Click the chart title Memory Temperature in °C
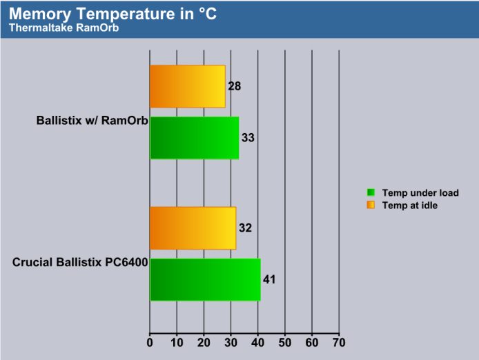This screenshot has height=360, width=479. coord(113,14)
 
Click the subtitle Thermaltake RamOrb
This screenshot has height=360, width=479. coord(64,28)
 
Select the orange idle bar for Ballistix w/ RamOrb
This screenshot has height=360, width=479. coord(188,86)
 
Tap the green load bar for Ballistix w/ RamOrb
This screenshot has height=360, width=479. coord(194,138)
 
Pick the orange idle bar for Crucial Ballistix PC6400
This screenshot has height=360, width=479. coord(193,228)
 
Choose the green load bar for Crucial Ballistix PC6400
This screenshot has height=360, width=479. coord(205,280)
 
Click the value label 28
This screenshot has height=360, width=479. coord(235,86)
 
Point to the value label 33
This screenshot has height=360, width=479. coord(248,138)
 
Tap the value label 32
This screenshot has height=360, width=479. coord(245,228)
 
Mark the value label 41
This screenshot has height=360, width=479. coord(269,280)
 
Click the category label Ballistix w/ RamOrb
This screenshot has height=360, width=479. coord(92,120)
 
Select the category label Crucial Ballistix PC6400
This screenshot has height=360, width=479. coord(80,262)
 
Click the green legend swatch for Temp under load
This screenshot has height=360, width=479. coord(371,192)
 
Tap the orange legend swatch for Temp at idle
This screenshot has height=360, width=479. coord(371,205)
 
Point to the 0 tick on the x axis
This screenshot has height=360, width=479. coord(150,343)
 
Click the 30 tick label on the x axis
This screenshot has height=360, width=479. coord(231,343)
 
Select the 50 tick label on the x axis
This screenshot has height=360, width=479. coord(285,343)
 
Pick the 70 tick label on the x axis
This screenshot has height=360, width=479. coord(339,343)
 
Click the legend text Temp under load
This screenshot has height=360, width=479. coord(420,193)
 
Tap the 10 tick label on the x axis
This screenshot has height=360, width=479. coord(177,343)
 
